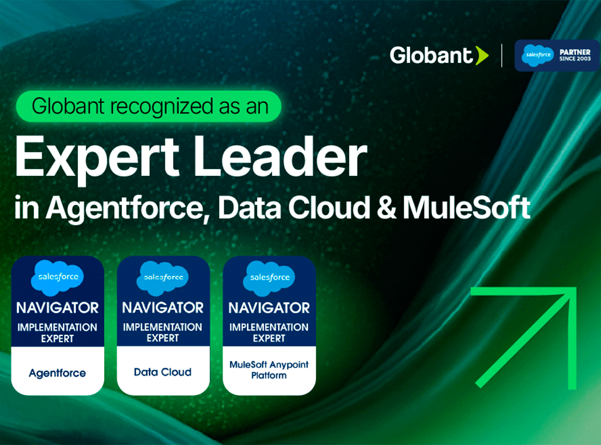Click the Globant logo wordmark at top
tap(431, 55)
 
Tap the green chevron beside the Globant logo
tap(482, 56)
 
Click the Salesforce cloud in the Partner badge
tap(538, 55)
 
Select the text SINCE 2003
tap(574, 58)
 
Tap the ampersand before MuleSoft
tap(387, 207)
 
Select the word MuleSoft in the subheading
tap(466, 207)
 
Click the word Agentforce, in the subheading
tap(128, 209)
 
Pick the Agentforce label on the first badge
tap(57, 373)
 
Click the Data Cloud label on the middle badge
tap(162, 372)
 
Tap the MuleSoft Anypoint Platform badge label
tap(269, 370)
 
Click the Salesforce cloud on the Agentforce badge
tap(57, 278)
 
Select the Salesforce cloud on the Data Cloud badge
tap(163, 278)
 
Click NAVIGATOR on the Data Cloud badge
tap(163, 308)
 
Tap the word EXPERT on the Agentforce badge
tap(57, 339)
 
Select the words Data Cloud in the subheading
tap(294, 207)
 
